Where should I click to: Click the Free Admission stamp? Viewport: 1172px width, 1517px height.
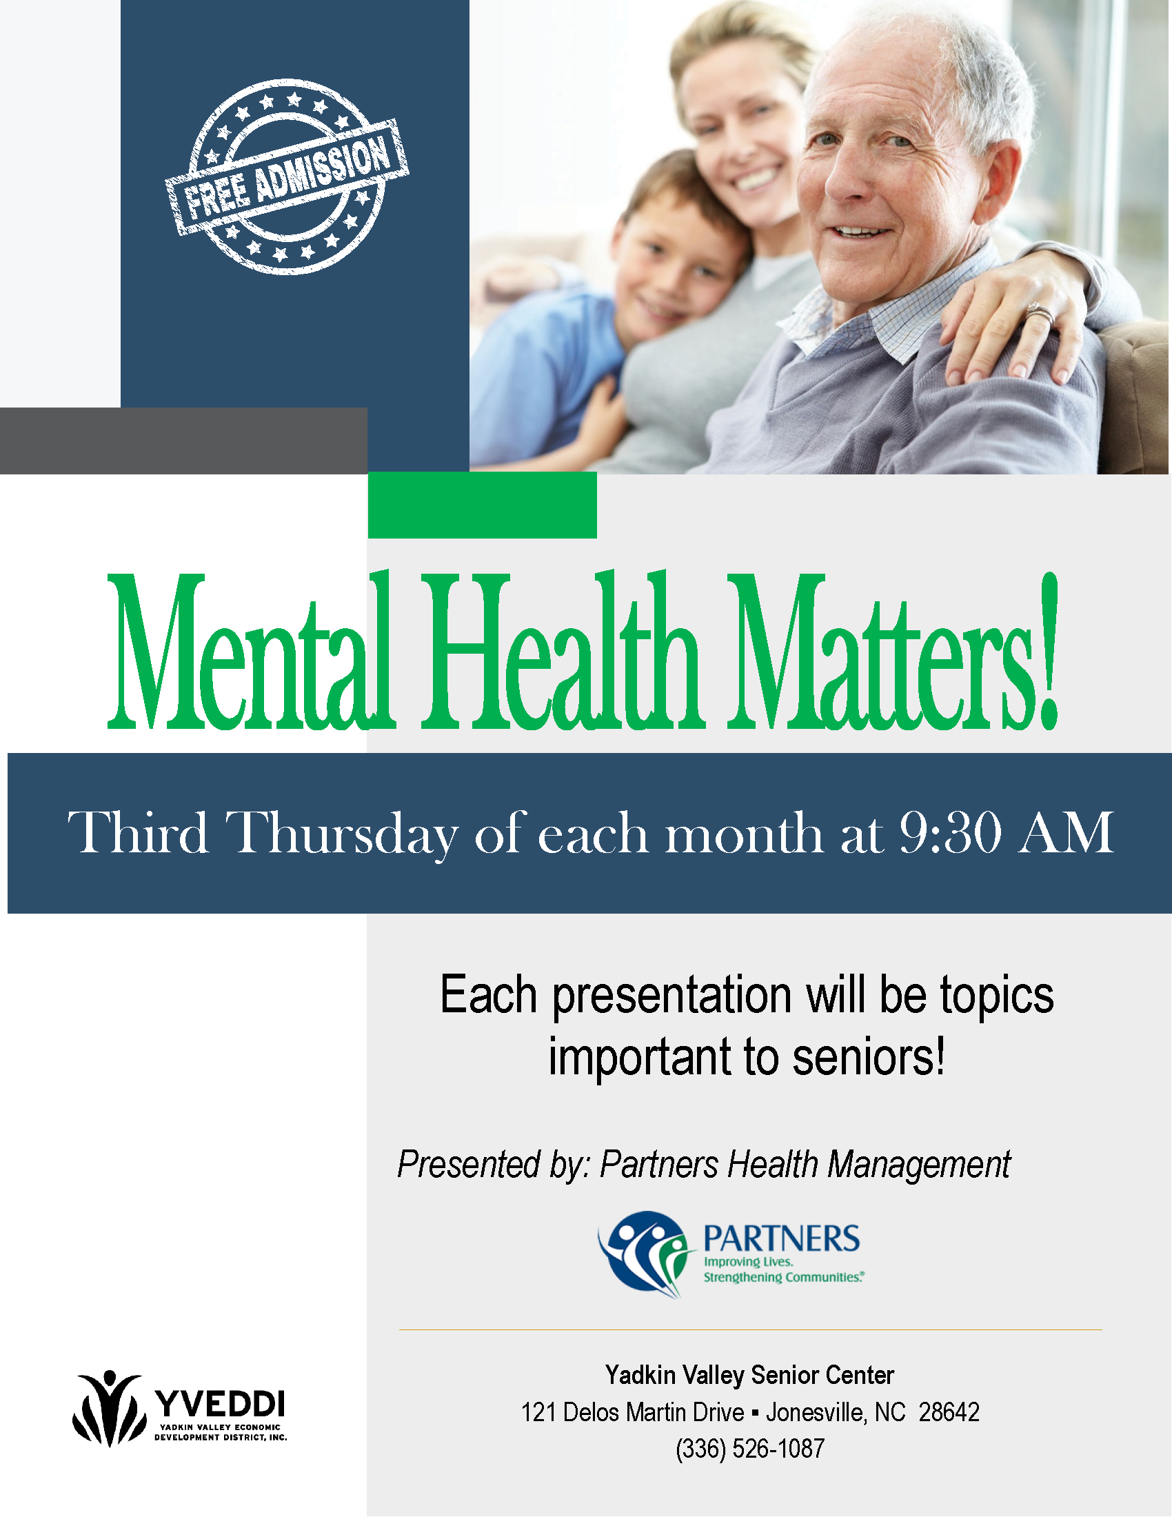pos(287,177)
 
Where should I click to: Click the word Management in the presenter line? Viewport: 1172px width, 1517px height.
pos(919,1165)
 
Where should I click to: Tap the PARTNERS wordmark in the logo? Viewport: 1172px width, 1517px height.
pos(782,1238)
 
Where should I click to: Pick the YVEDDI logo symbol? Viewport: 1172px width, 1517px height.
pos(109,1407)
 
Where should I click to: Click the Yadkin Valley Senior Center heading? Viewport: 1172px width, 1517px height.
pos(750,1374)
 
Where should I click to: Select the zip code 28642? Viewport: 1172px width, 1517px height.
pos(949,1412)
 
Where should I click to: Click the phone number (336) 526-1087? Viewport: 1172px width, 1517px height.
pos(750,1449)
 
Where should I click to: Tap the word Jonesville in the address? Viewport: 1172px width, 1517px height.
pos(816,1412)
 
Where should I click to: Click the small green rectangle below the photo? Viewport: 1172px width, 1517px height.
pos(483,505)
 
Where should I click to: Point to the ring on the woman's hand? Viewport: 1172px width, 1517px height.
pos(1040,314)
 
